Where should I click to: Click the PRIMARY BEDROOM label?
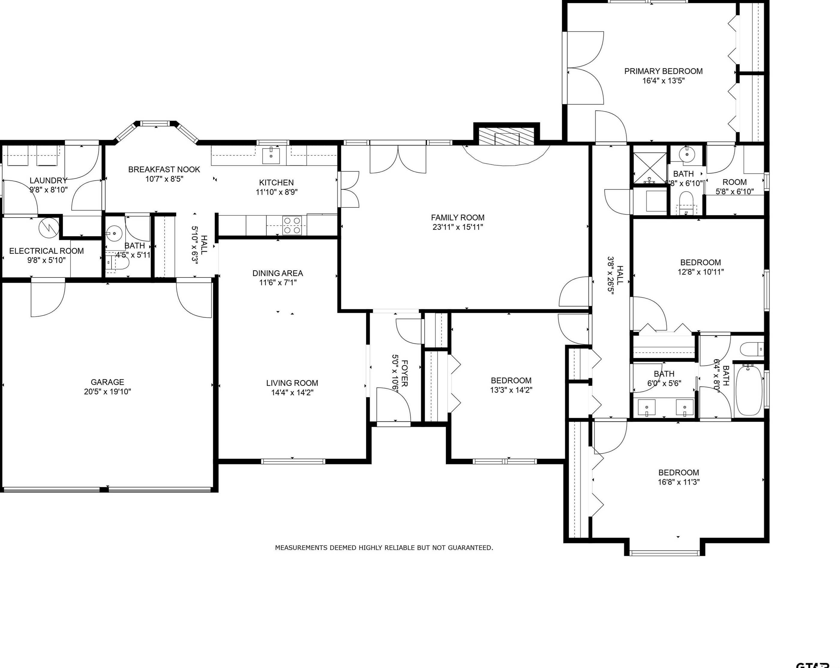coord(663,71)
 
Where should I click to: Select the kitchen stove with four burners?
coord(292,225)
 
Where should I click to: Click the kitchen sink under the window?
coord(271,156)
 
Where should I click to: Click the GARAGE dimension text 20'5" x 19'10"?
coord(107,392)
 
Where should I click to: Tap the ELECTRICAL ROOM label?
coord(46,251)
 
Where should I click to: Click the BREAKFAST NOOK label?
coord(164,169)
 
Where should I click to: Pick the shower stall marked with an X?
coord(649,168)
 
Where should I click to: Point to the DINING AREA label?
coord(277,273)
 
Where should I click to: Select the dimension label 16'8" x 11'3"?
coord(679,482)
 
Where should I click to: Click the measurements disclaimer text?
coord(384,548)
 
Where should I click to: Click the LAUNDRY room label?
coord(48,181)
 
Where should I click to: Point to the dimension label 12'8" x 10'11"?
coord(700,272)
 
